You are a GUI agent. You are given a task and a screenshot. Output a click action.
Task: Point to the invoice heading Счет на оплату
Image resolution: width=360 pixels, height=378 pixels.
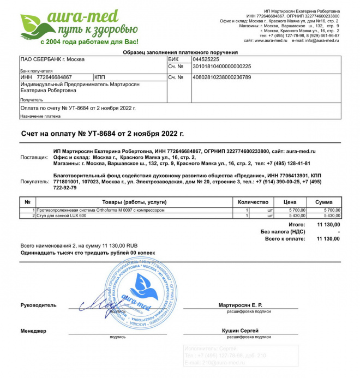[103, 133]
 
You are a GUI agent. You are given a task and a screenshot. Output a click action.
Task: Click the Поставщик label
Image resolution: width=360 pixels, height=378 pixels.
[34, 157]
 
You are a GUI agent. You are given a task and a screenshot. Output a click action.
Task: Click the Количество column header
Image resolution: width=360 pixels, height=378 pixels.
[253, 202]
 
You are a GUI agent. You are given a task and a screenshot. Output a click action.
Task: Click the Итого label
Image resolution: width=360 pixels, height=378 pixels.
[297, 224]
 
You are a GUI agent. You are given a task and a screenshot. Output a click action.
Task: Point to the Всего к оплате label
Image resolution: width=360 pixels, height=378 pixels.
[285, 239]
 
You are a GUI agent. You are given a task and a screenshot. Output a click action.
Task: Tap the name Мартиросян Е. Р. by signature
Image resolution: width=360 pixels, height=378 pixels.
[241, 304]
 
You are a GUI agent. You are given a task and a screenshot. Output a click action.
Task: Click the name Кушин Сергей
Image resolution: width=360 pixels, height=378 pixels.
[241, 331]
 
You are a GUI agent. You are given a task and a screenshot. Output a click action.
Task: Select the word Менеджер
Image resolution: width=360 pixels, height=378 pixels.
[33, 331]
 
